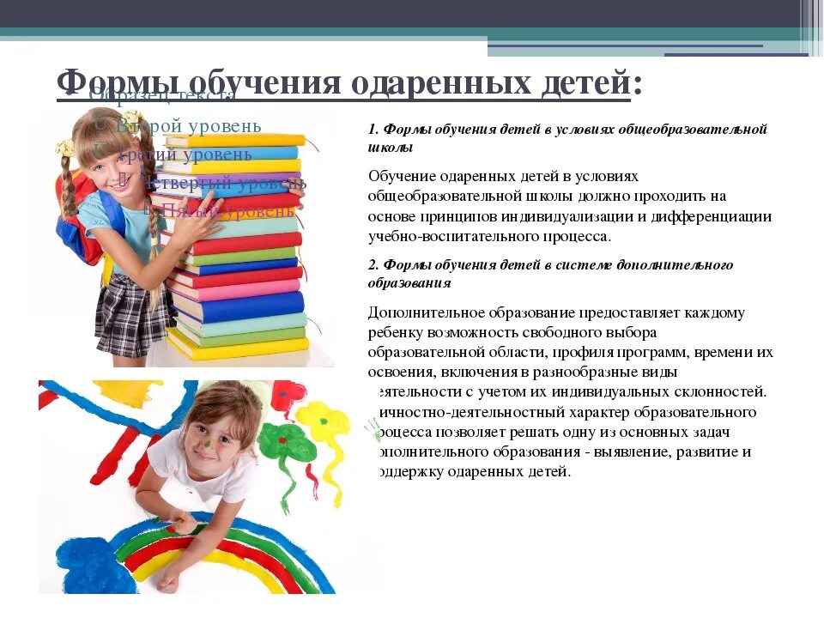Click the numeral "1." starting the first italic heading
(373, 130)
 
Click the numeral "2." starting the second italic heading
(373, 265)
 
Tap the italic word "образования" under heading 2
(409, 283)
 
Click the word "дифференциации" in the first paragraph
(718, 216)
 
